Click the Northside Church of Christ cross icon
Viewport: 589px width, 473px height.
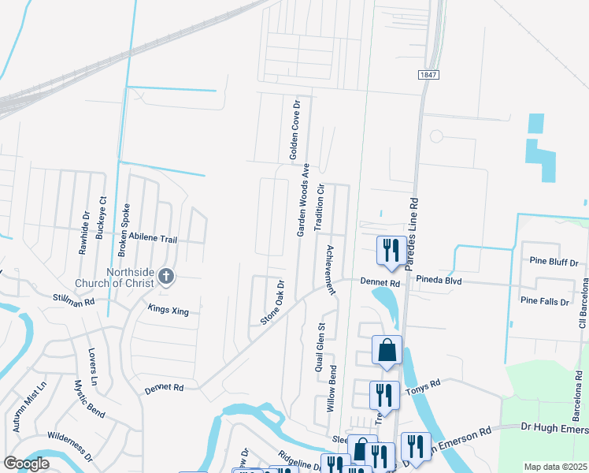[165, 276]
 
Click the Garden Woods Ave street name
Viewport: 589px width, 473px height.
[302, 200]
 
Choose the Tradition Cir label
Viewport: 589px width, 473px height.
[320, 207]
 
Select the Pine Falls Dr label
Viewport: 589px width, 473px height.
[544, 300]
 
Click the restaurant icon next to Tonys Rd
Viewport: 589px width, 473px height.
[383, 393]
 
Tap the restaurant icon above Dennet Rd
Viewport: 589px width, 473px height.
[391, 251]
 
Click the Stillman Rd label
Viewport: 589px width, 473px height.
[74, 300]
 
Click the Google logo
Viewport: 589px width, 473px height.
[26, 464]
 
